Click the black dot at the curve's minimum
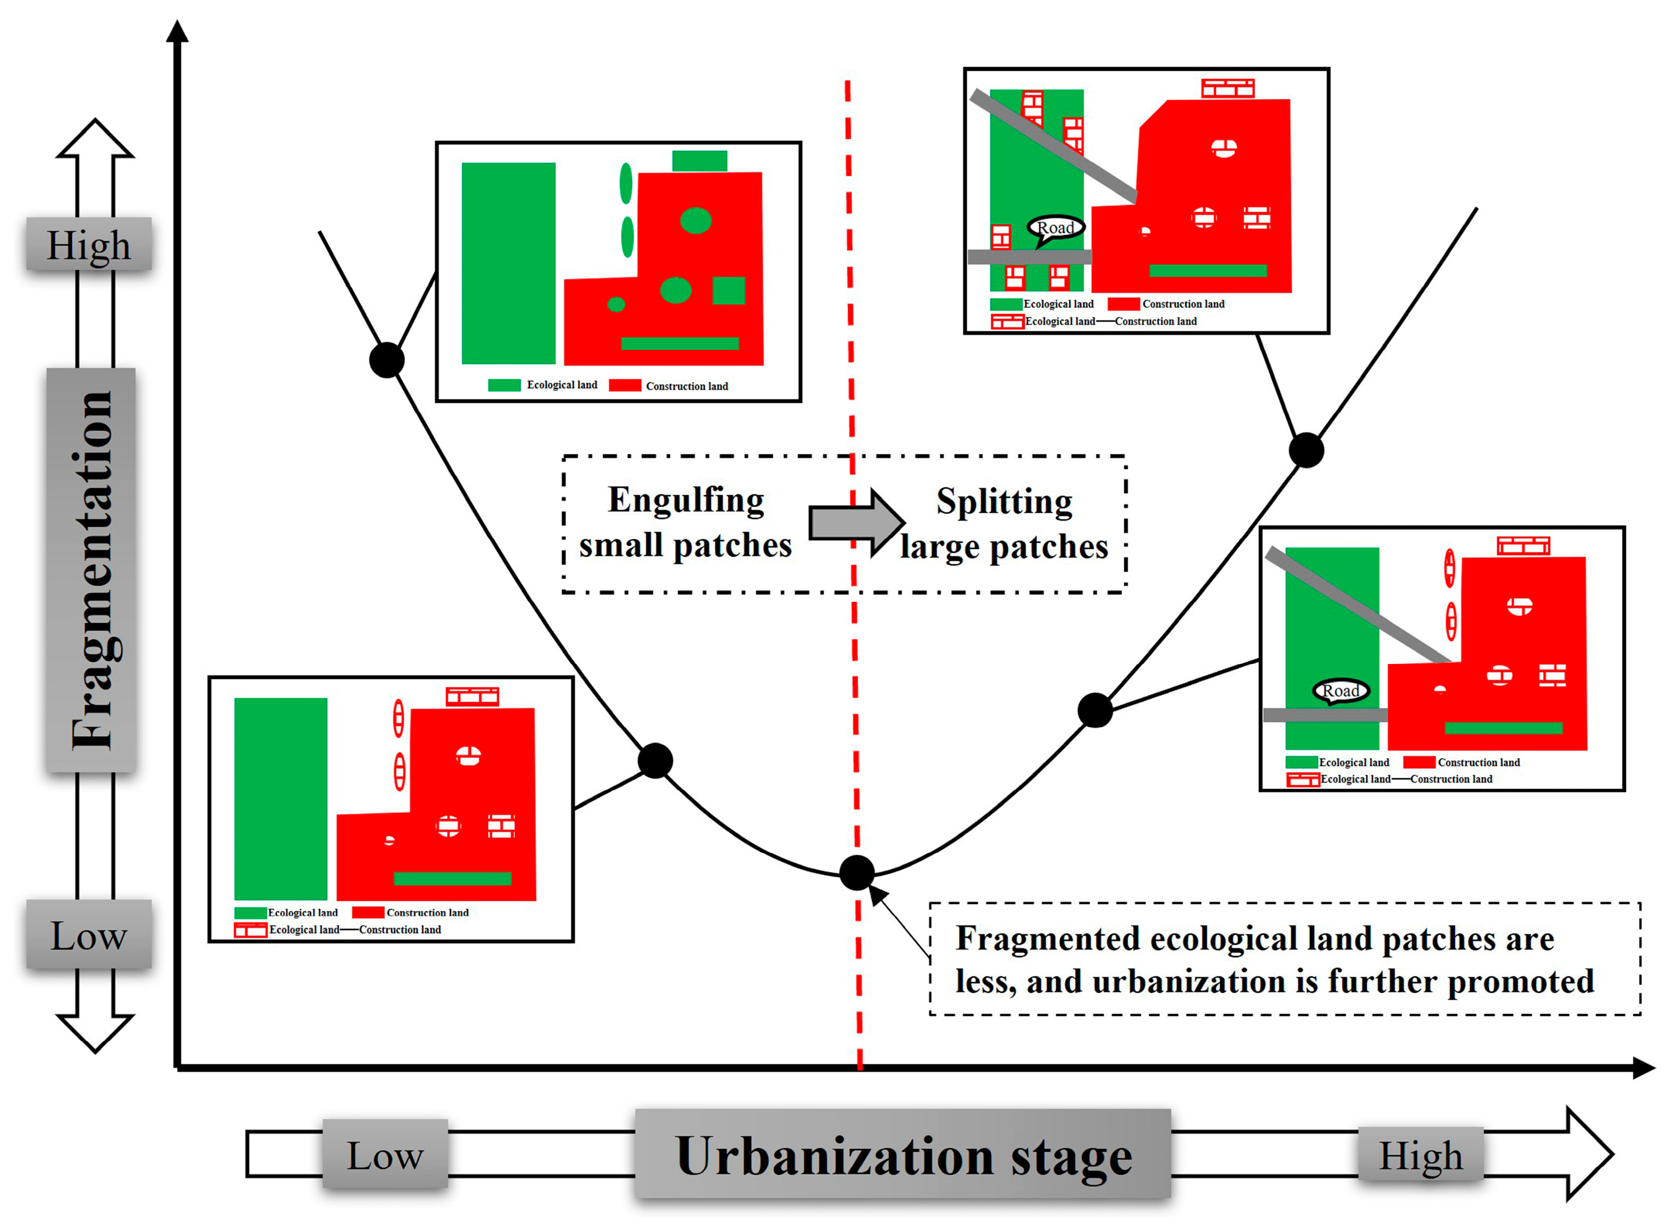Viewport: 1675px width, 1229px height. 857,872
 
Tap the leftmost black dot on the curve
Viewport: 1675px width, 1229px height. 386,360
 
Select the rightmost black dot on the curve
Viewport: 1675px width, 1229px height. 1305,450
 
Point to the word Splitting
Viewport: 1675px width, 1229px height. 1004,501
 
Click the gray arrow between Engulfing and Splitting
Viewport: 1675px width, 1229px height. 856,522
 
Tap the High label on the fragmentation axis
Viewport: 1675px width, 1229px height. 88,245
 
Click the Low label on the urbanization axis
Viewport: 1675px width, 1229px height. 385,1155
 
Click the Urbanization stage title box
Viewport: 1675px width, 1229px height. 902,1155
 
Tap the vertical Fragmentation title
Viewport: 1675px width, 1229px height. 91,569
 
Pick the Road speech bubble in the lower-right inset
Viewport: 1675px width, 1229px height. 1340,691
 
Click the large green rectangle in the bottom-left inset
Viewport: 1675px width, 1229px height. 280,798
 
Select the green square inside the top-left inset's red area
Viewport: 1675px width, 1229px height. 728,290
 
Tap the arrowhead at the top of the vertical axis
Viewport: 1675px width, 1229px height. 177,31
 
